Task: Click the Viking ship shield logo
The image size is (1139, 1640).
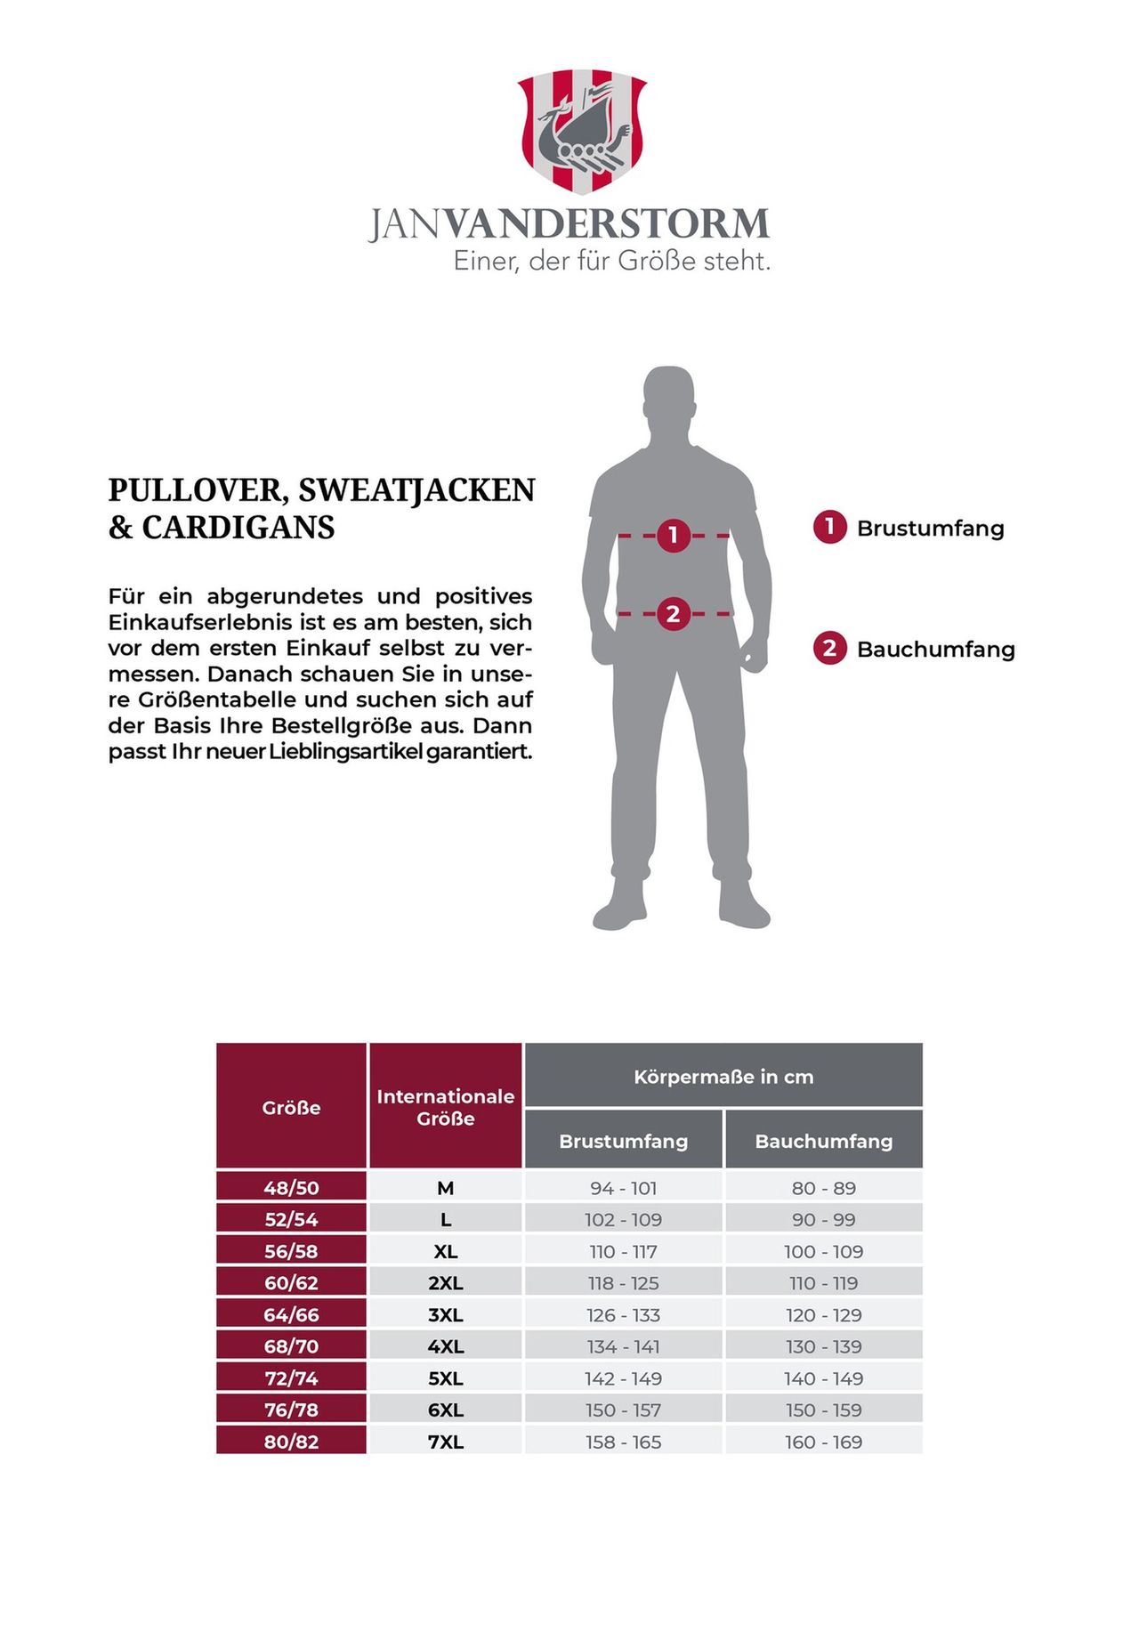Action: pyautogui.click(x=582, y=131)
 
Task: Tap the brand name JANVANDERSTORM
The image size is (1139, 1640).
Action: pyautogui.click(x=569, y=223)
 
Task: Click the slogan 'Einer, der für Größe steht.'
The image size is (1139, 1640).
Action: pyautogui.click(x=611, y=262)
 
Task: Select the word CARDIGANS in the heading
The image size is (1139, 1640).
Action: pyautogui.click(x=238, y=528)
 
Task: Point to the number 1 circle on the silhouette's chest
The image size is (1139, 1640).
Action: pyautogui.click(x=674, y=535)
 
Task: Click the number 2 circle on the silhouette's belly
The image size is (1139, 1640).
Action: pyautogui.click(x=673, y=613)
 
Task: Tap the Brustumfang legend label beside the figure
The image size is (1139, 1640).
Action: pyautogui.click(x=930, y=528)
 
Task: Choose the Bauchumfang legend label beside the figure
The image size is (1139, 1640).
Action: pyautogui.click(x=935, y=649)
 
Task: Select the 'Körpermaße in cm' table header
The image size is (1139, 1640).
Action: pyautogui.click(x=723, y=1077)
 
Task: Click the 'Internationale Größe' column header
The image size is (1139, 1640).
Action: pyautogui.click(x=445, y=1107)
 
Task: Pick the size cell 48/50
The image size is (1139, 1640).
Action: pyautogui.click(x=291, y=1188)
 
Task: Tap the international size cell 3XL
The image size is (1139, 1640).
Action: pyautogui.click(x=445, y=1315)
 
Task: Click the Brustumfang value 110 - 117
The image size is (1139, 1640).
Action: pyautogui.click(x=623, y=1251)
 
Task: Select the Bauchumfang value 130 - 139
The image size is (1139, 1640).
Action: pyautogui.click(x=823, y=1346)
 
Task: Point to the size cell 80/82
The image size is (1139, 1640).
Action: pyautogui.click(x=291, y=1442)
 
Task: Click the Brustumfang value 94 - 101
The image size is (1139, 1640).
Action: pyautogui.click(x=623, y=1188)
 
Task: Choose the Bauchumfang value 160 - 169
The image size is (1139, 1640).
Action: pyautogui.click(x=823, y=1442)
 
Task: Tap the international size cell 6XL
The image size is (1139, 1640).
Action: pyautogui.click(x=445, y=1410)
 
